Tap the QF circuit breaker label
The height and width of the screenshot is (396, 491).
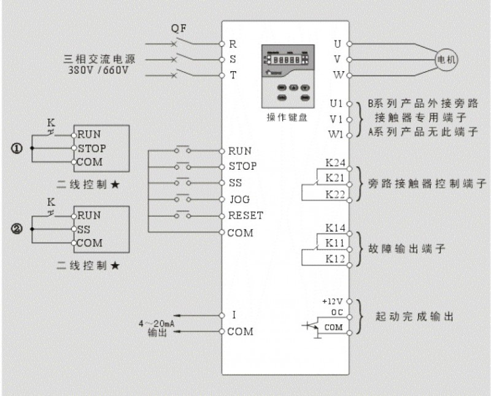179,29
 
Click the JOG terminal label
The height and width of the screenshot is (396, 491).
238,199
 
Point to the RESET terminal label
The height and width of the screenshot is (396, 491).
245,216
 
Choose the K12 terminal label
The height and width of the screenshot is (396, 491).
335,259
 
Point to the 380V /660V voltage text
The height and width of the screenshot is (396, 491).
99,70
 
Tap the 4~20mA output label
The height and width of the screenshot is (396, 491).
157,322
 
